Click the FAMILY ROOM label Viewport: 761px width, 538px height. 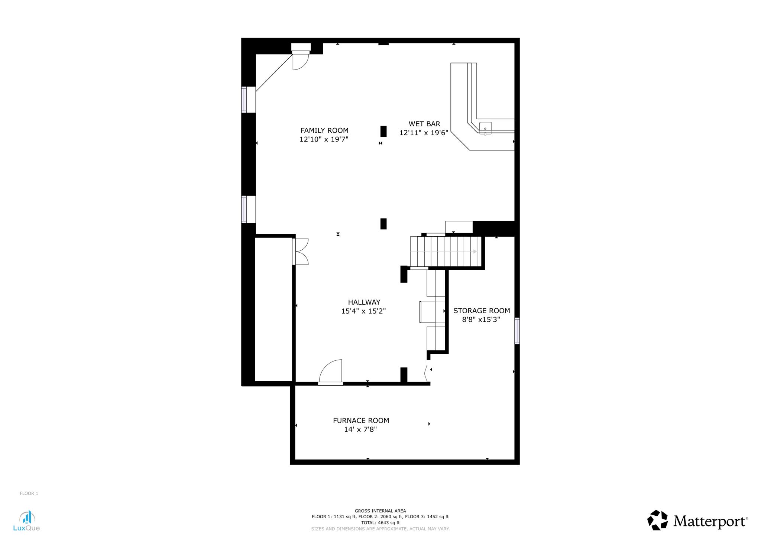pos(324,130)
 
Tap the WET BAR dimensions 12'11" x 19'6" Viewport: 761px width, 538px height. pos(424,133)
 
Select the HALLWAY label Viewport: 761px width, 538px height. pos(364,302)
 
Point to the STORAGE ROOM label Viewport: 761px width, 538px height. pos(481,311)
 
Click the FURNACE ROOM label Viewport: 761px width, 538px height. pos(360,421)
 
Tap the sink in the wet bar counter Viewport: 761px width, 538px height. pos(485,128)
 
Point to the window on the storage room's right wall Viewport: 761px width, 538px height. pos(516,331)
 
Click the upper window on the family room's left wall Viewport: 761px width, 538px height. pos(245,100)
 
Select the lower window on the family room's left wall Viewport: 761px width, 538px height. pos(245,209)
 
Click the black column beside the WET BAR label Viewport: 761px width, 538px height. pos(383,132)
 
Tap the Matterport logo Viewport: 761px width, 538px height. pos(697,521)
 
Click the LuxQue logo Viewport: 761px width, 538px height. pos(26,521)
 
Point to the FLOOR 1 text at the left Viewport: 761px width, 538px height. pos(29,493)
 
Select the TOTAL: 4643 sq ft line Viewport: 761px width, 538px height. pos(380,523)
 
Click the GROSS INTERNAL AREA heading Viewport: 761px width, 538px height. pos(380,511)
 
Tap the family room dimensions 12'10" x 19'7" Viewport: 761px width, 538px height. pos(324,139)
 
